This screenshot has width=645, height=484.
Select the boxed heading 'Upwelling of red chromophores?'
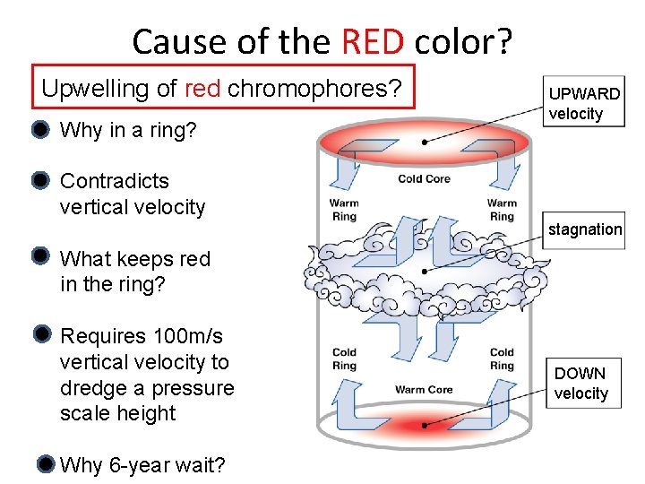coord(223,88)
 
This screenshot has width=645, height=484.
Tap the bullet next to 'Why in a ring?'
coord(39,130)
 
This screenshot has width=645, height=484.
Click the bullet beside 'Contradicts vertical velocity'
coord(39,181)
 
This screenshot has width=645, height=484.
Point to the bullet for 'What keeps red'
coord(39,257)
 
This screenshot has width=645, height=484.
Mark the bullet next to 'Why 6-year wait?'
coord(46,464)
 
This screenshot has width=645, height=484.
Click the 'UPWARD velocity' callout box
coord(583,103)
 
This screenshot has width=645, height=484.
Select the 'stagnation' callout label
coord(584,229)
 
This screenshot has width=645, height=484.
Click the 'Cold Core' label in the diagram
coord(424,179)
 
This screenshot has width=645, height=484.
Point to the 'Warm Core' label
coord(424,390)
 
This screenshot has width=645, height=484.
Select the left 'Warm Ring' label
coord(344,210)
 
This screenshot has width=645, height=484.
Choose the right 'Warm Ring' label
coord(502,210)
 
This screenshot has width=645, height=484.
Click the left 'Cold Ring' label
coord(344,359)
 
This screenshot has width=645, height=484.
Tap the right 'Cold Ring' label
coord(502,359)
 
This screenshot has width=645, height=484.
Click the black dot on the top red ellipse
coord(424,142)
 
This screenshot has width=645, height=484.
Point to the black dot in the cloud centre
coord(424,270)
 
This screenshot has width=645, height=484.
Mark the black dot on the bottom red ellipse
coord(424,425)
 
